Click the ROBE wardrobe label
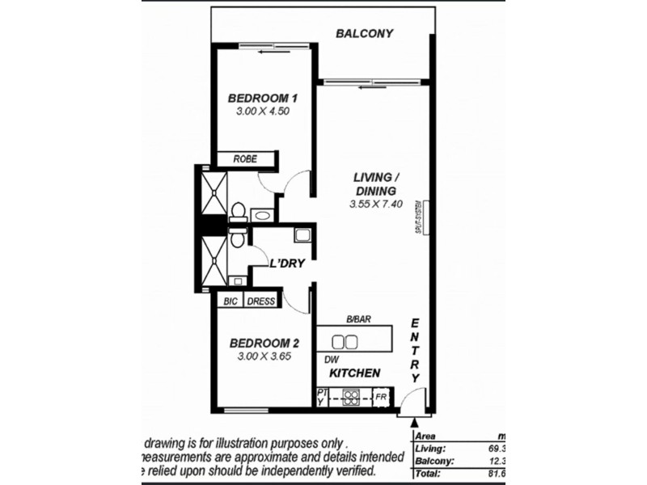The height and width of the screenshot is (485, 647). [245, 159]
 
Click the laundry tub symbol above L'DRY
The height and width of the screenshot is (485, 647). [302, 237]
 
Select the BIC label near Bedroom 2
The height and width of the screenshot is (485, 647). [229, 302]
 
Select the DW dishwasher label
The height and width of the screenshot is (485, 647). [331, 360]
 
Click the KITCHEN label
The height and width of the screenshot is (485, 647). [354, 373]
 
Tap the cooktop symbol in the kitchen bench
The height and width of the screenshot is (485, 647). [352, 397]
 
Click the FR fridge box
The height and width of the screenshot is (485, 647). [380, 398]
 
